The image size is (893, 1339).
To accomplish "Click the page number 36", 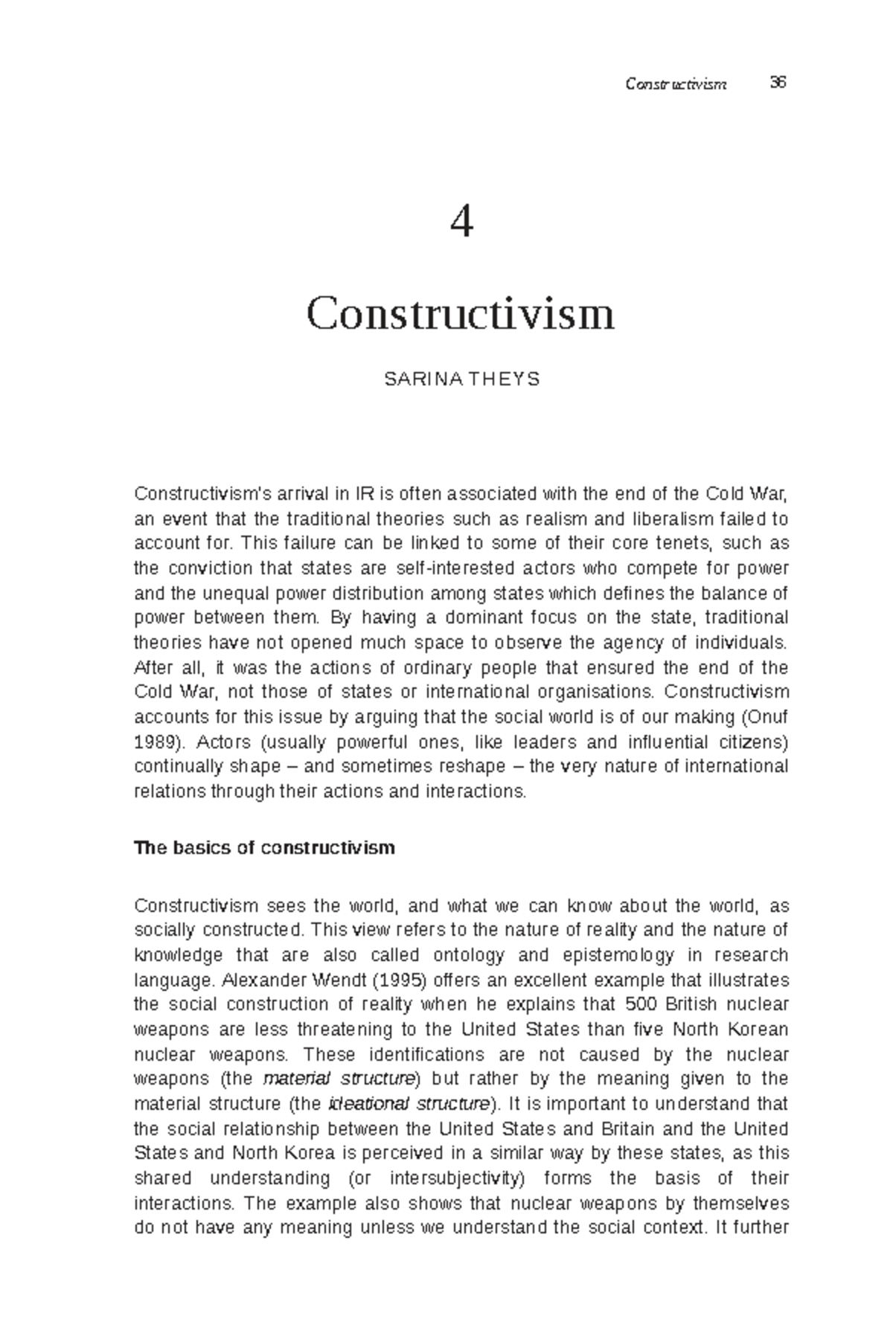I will tap(778, 83).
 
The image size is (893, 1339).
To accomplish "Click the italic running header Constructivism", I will tap(676, 83).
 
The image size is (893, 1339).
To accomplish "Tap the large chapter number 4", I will tap(462, 222).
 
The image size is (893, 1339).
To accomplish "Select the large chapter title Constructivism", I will tap(461, 314).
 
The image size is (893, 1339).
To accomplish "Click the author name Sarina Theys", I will tap(461, 379).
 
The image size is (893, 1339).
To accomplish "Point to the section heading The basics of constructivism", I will tap(264, 848).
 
